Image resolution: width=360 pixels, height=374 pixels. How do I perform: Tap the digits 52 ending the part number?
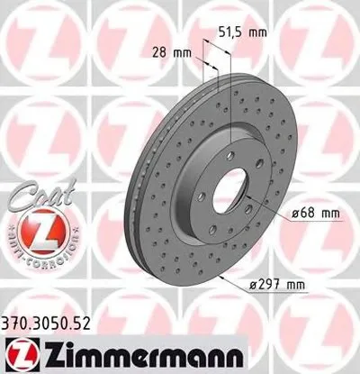[87, 317]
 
